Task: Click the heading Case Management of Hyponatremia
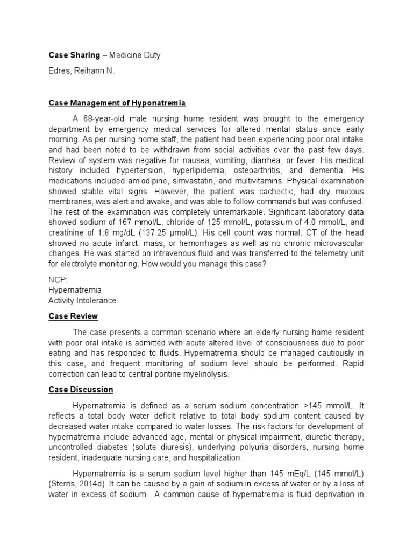tap(117, 103)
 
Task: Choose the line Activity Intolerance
tap(82, 300)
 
